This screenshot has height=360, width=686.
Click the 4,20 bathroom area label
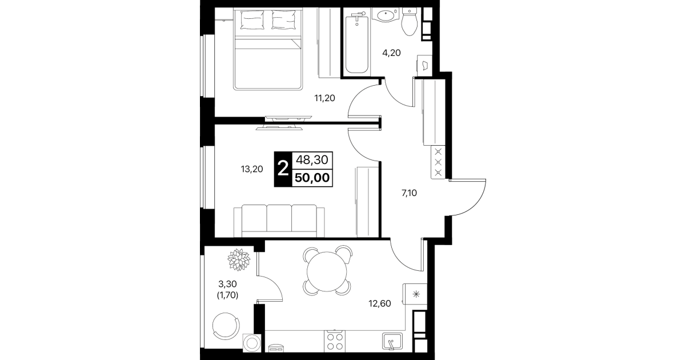click(x=391, y=53)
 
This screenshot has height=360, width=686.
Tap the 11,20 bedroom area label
click(x=324, y=98)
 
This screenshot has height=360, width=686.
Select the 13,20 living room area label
click(x=252, y=169)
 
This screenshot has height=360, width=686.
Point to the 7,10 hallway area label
click(x=409, y=193)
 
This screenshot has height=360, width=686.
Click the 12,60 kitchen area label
click(x=380, y=303)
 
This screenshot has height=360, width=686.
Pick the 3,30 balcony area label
click(x=227, y=284)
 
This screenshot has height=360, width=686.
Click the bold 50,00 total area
click(x=312, y=178)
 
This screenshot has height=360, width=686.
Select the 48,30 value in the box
click(x=312, y=159)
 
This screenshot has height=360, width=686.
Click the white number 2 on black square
click(x=283, y=169)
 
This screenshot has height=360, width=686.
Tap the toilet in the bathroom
click(x=409, y=22)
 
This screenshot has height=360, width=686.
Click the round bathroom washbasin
click(x=386, y=15)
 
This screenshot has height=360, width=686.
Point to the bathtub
click(x=357, y=44)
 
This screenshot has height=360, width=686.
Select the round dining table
click(x=327, y=271)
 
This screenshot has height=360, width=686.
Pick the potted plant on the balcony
click(x=239, y=260)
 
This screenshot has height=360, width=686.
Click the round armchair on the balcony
click(x=226, y=326)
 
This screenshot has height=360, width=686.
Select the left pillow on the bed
click(x=252, y=20)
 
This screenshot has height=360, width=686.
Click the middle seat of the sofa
click(x=279, y=218)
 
